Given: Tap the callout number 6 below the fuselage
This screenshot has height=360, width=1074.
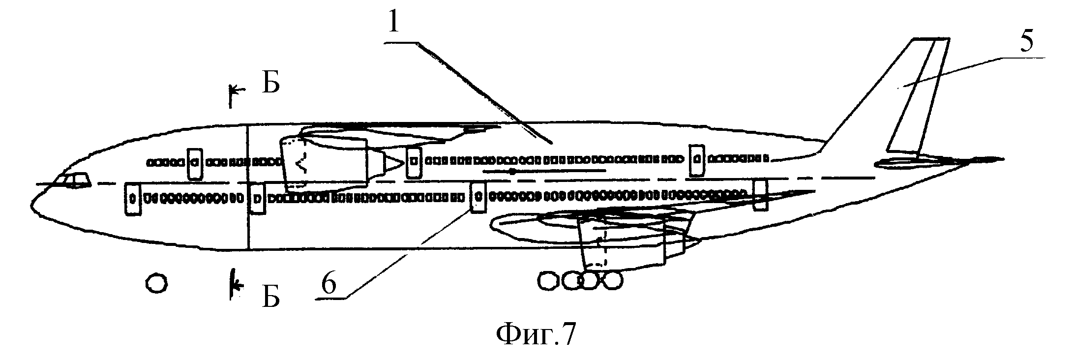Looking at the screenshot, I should [x=328, y=284].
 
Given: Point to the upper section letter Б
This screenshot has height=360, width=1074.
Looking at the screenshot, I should [x=270, y=84].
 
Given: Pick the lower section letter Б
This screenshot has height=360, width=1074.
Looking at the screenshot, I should [x=270, y=297].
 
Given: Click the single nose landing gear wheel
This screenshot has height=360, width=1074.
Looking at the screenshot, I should [x=157, y=284].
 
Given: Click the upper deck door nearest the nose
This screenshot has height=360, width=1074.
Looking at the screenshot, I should [x=195, y=162].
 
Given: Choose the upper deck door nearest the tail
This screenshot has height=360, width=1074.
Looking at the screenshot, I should [x=696, y=160].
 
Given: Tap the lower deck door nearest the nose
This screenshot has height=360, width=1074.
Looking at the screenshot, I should [x=132, y=199].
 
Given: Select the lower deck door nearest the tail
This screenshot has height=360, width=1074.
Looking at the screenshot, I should [x=760, y=195].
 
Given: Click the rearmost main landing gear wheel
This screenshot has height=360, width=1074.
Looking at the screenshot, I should [x=612, y=281].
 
